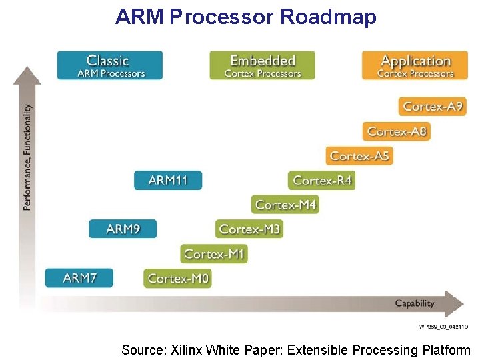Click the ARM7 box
tap(79, 278)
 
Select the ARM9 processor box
tap(123, 229)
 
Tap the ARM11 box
tap(167, 180)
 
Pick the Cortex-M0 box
tap(177, 278)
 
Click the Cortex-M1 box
tap(214, 253)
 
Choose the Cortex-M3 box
tap(249, 229)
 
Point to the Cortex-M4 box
tap(285, 205)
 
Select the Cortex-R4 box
tap(322, 180)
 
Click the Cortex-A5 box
tap(359, 155)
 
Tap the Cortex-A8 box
tap(396, 131)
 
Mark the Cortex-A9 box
tap(433, 106)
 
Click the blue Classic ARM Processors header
tap(110, 65)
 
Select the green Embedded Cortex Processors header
tap(262, 65)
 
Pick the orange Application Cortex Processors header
tap(415, 65)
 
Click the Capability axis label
tap(415, 303)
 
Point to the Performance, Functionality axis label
tap(27, 157)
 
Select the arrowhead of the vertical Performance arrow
tap(27, 73)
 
